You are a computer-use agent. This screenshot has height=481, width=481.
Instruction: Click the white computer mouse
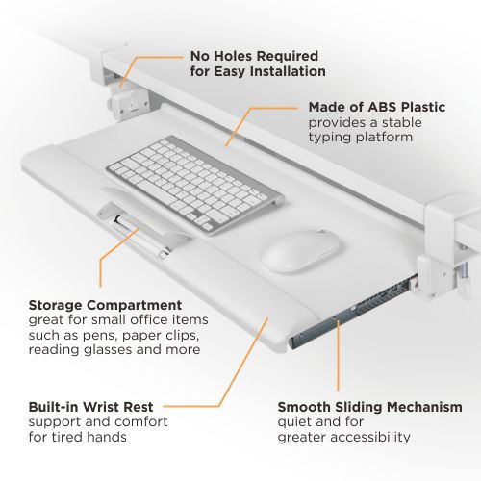(x=300, y=250)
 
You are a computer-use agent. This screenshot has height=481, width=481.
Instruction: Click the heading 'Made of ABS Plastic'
(x=376, y=107)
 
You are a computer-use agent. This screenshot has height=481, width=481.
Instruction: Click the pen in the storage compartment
(x=140, y=233)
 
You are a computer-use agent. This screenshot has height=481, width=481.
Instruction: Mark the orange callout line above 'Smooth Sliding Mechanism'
(x=339, y=356)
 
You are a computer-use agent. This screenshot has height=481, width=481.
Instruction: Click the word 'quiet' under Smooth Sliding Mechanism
(x=294, y=422)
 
